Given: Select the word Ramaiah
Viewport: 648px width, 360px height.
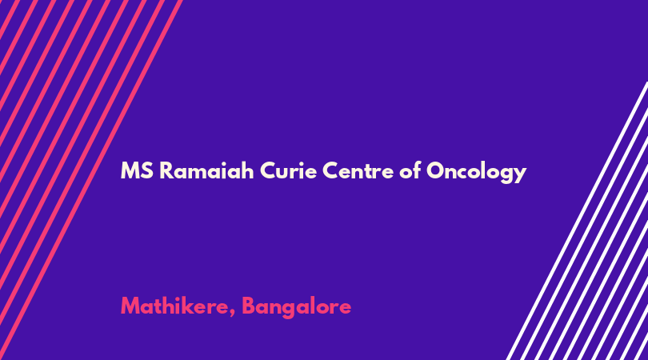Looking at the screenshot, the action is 206,170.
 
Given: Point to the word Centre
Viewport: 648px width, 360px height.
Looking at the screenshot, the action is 358,170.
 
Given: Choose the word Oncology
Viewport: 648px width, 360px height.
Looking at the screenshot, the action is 477,171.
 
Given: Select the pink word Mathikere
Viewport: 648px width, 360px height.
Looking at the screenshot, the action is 175,306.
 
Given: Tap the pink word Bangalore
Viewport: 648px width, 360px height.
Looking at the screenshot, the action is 296,307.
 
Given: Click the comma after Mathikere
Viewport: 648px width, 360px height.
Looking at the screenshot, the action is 233,313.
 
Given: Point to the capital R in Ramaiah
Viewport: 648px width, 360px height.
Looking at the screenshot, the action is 166,170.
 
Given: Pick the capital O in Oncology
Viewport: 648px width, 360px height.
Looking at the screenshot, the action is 435,170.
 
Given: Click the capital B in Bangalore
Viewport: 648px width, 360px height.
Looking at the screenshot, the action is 248,306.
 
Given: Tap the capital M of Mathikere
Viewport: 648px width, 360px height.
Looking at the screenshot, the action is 130,306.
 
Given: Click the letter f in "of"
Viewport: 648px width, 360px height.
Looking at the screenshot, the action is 417,170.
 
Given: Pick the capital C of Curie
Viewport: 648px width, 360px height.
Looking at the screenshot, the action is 268,170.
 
